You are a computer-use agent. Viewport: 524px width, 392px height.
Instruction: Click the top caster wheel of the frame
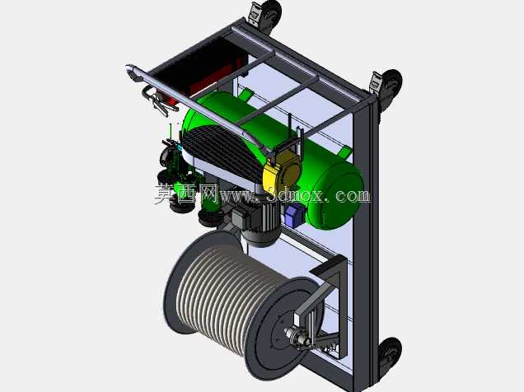click(x=266, y=15)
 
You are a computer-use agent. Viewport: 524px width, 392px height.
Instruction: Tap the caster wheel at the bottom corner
click(x=390, y=356)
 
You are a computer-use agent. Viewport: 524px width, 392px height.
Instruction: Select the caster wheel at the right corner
click(x=388, y=87)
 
